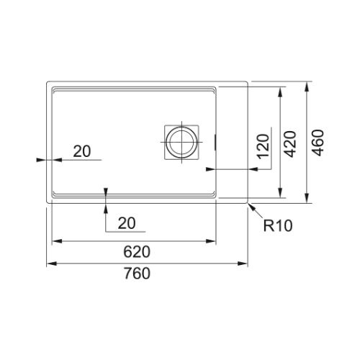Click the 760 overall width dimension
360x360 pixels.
[x=138, y=273]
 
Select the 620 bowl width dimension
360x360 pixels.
[x=137, y=252]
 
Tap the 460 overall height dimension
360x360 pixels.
[x=318, y=143]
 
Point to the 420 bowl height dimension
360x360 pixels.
[x=290, y=144]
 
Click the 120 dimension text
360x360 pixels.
[x=263, y=146]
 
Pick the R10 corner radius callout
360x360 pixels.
[x=278, y=225]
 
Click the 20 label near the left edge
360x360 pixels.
[x=82, y=151]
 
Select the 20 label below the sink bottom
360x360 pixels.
[x=127, y=223]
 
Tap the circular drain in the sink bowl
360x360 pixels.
[x=181, y=142]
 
